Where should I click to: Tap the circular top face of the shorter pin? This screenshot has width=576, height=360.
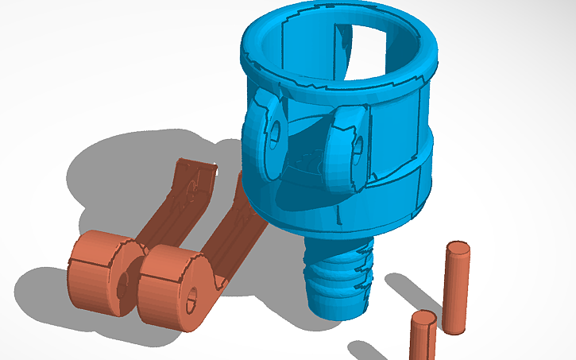tap(423, 319)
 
